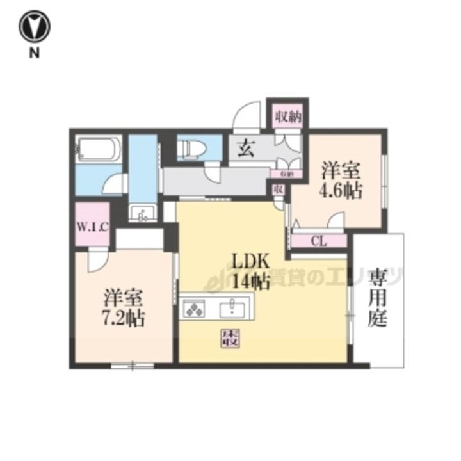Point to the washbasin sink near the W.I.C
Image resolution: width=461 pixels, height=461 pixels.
[142, 213]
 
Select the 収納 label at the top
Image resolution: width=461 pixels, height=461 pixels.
[287, 117]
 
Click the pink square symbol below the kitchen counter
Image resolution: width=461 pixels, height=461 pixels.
[230, 338]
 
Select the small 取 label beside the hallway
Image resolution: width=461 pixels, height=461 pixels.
[279, 190]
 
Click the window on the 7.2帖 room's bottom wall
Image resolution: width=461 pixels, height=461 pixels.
[132, 366]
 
